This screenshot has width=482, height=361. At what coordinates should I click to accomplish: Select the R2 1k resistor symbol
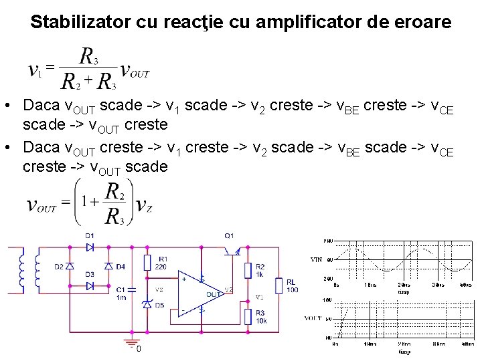[x=248, y=269]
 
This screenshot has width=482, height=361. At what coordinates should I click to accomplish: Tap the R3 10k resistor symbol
[x=248, y=317]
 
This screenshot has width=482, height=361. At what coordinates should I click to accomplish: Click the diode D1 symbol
[x=90, y=247]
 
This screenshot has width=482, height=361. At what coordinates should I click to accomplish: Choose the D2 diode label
[x=58, y=267]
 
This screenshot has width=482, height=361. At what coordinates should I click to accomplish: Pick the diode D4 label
[x=120, y=267]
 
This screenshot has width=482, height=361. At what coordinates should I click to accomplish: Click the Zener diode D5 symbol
[x=147, y=304]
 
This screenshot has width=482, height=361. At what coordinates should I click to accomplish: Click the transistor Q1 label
[x=229, y=235]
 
